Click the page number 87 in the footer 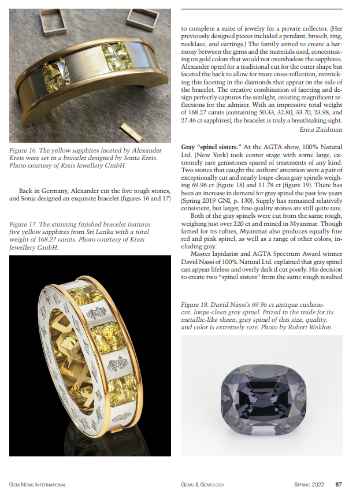tap(339, 484)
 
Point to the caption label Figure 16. tap(24, 151)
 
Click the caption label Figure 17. tap(24, 225)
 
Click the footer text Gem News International tap(38, 484)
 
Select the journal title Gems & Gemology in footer tap(202, 484)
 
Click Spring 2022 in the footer tap(310, 484)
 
